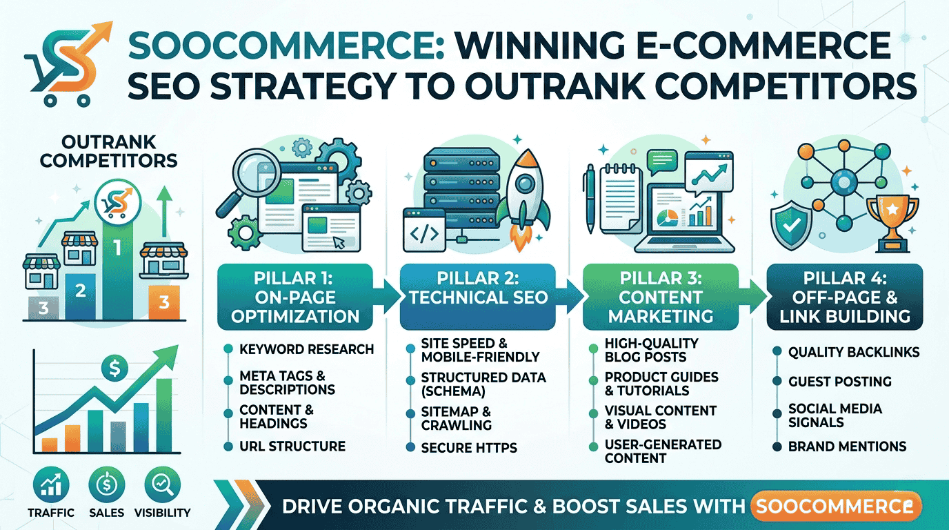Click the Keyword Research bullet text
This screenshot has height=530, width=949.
click(306, 349)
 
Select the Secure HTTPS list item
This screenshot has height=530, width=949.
click(469, 448)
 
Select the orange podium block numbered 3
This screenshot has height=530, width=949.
click(163, 302)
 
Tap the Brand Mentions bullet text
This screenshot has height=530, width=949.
click(847, 446)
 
